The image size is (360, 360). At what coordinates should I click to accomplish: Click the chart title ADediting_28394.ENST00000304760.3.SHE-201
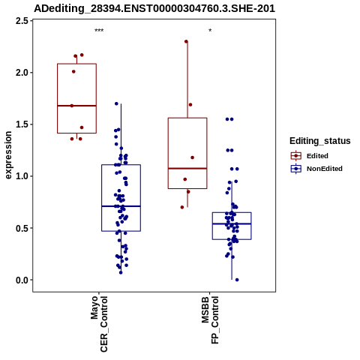coord(154,9)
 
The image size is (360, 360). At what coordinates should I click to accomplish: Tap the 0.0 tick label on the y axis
coord(22,280)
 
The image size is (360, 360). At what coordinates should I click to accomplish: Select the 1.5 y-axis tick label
coord(22,124)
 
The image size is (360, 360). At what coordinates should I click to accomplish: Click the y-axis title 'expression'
coord(8,155)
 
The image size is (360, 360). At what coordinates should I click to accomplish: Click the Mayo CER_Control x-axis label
coord(99,324)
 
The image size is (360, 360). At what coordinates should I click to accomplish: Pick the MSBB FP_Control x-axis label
coord(210,320)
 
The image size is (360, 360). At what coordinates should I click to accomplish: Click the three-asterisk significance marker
coord(99,31)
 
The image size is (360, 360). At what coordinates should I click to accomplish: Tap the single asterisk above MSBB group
coord(210,31)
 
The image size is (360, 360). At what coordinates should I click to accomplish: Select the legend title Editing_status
coord(320,141)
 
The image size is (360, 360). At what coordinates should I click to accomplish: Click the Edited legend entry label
coord(317,156)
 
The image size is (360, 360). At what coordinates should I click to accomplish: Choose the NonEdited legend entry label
coord(325,169)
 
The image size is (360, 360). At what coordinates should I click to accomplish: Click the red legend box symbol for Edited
coord(296,156)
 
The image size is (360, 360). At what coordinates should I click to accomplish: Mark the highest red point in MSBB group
coord(186,41)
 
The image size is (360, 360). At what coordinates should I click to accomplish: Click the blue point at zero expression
coord(237,280)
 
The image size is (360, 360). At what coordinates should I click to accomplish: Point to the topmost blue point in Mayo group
coord(116,103)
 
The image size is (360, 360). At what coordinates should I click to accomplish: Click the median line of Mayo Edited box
coord(76,106)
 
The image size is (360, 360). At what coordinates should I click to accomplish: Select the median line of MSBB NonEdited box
coord(232,223)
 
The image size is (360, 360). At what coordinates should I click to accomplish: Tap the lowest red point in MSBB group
coord(182,207)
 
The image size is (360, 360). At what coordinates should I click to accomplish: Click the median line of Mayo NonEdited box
coord(121,206)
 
